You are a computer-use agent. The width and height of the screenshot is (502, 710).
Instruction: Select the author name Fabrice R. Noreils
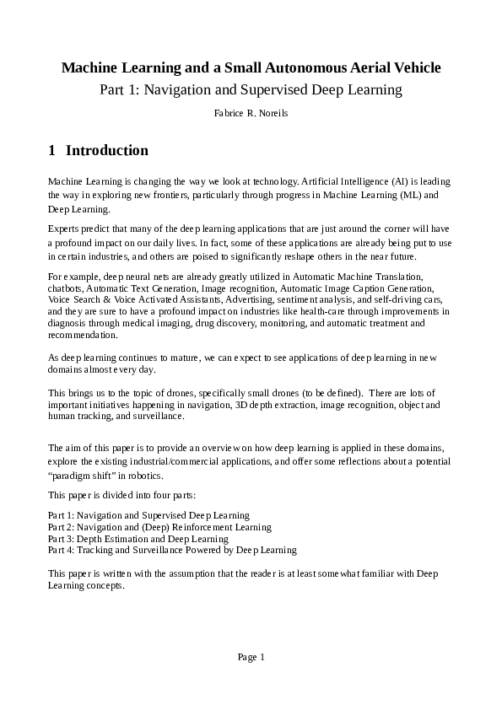tap(251, 112)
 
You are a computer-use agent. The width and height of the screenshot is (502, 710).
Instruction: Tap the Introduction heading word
tap(107, 151)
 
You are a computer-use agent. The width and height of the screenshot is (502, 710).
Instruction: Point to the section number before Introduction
tap(52, 151)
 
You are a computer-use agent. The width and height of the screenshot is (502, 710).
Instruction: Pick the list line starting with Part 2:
tap(159, 527)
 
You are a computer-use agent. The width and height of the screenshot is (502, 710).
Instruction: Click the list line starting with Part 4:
tap(172, 550)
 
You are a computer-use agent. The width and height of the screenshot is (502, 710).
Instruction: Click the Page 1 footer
tap(251, 657)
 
